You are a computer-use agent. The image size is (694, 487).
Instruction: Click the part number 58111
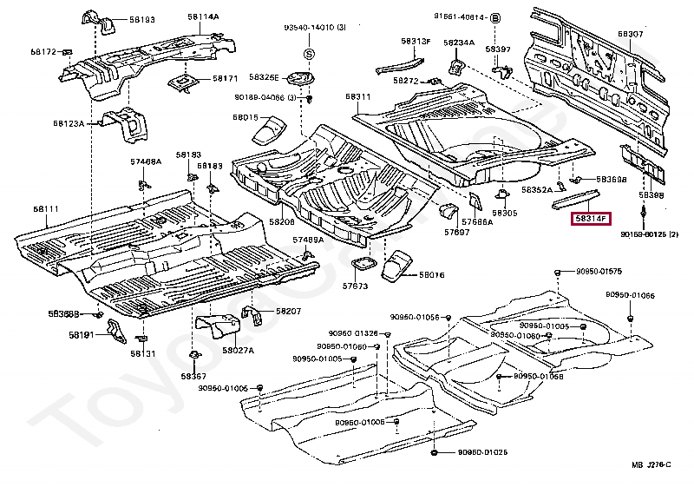click(47, 209)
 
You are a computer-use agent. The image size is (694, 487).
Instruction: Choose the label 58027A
click(238, 350)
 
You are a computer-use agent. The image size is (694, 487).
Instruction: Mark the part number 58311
click(357, 96)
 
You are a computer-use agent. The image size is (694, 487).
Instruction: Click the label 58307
click(631, 34)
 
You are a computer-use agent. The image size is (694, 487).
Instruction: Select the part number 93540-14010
click(308, 29)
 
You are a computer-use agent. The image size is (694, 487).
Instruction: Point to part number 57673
click(355, 286)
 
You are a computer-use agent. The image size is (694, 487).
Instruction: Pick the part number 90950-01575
click(599, 272)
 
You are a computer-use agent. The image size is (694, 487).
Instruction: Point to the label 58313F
click(416, 41)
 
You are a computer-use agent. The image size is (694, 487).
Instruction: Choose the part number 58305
click(504, 213)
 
